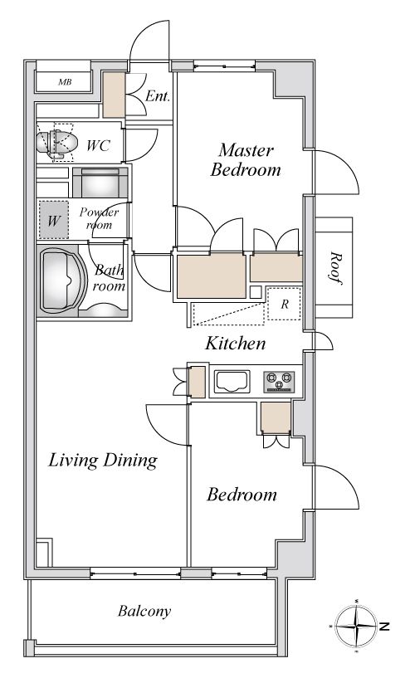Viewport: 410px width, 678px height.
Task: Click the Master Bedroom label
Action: [x=246, y=160]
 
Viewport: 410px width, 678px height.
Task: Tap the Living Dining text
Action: [x=103, y=460]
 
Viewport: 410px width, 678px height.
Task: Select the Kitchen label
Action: [x=235, y=344]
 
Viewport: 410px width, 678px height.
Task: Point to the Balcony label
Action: [x=144, y=611]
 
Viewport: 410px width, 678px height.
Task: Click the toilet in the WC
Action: [x=56, y=142]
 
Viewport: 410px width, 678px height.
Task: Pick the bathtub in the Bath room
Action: [x=59, y=279]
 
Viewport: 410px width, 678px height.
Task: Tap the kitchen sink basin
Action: [x=232, y=382]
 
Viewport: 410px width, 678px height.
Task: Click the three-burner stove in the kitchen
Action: [x=279, y=382]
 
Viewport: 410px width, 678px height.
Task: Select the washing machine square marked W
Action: [x=54, y=220]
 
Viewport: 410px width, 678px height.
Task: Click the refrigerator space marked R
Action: [x=284, y=304]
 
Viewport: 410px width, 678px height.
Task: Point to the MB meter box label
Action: [x=65, y=81]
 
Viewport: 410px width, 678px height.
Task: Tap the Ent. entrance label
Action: [x=158, y=95]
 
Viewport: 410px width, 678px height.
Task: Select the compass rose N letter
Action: [x=384, y=626]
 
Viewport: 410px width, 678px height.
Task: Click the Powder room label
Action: [x=99, y=219]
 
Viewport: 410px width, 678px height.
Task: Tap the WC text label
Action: [x=98, y=145]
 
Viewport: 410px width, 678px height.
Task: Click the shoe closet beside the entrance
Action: [x=115, y=95]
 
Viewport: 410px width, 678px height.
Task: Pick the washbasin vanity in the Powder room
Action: [x=100, y=183]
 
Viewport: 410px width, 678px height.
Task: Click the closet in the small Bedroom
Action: [x=276, y=417]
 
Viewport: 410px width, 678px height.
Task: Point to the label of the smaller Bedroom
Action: [x=242, y=495]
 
